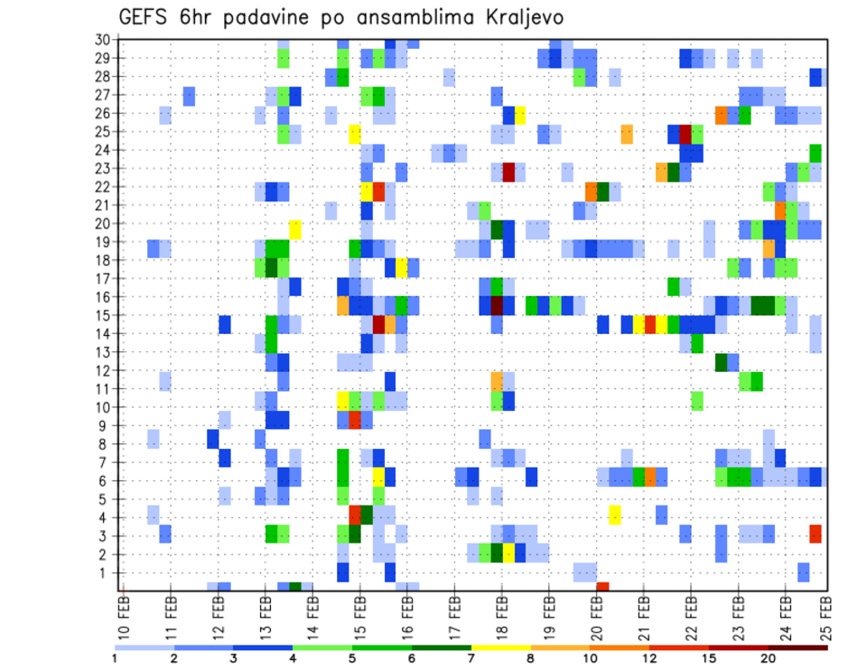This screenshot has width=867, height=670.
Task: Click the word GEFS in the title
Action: point(144,17)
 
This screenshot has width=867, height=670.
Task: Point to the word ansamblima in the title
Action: point(406,18)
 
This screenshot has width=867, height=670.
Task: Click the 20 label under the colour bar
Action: point(768,657)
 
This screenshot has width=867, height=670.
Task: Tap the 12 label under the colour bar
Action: point(649,657)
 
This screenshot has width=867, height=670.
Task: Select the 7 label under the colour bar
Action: point(471,657)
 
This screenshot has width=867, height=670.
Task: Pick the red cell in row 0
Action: point(602,587)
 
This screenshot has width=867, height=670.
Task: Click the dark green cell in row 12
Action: point(721,361)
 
